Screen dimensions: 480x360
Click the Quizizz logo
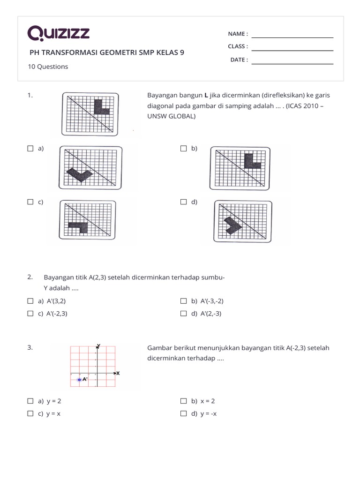[x=59, y=34]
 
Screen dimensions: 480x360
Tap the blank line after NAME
[x=292, y=37]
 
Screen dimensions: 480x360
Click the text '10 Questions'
[x=48, y=67]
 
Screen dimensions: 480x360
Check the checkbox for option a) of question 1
[x=30, y=149]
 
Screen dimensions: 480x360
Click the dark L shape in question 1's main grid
[x=101, y=107]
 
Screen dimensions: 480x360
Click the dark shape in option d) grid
[x=232, y=225]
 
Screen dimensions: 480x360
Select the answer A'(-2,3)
[x=57, y=314]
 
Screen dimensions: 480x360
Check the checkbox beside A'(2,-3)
[x=183, y=314]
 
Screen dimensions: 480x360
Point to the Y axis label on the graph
[x=98, y=345]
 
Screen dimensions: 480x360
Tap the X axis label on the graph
[x=118, y=373]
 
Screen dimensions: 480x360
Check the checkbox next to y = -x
[x=183, y=413]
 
